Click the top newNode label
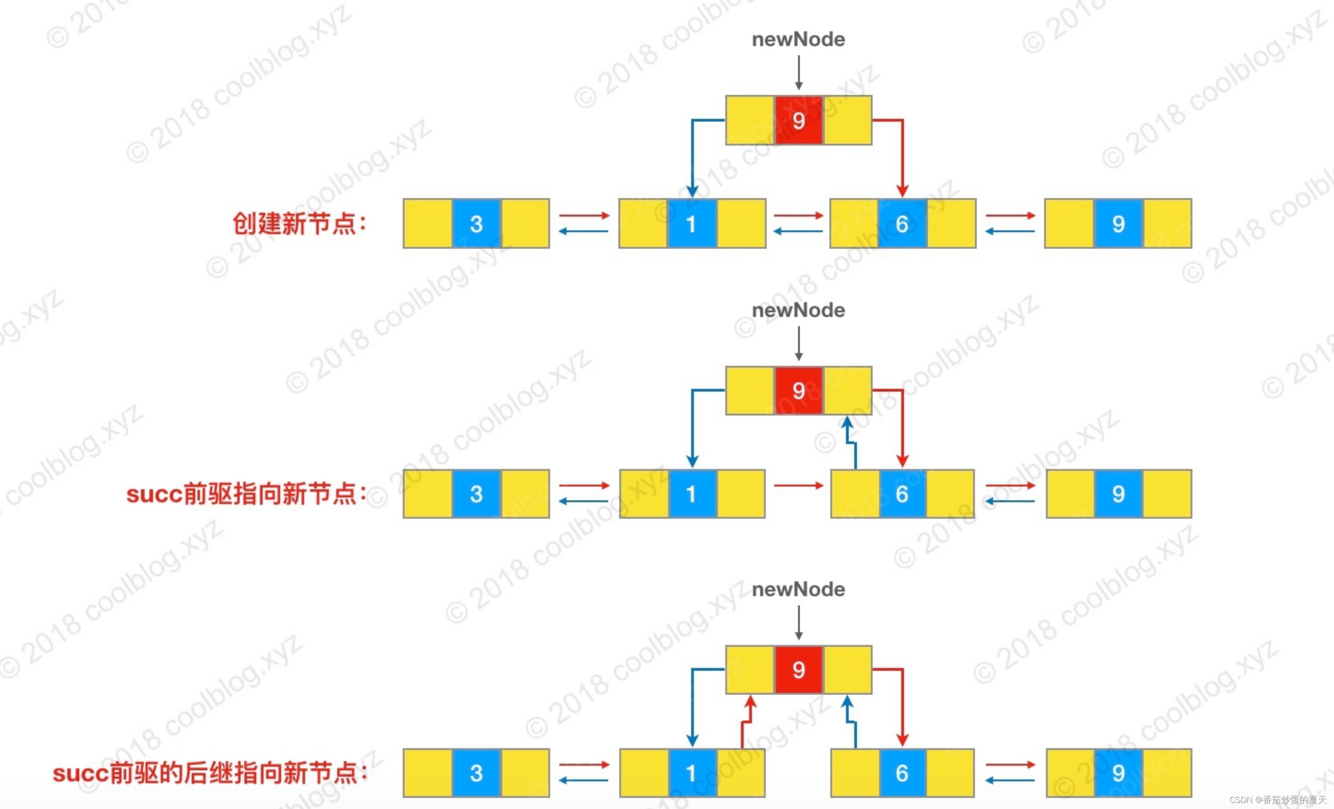click(x=798, y=40)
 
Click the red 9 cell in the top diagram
click(x=798, y=120)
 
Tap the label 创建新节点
click(x=300, y=224)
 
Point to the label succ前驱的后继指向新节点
click(x=209, y=773)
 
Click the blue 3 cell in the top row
click(x=476, y=224)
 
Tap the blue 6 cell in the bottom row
click(x=902, y=773)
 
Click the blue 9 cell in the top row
click(x=1119, y=224)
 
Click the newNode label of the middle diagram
click(x=798, y=310)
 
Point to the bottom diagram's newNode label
click(x=798, y=589)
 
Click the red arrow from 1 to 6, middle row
click(x=798, y=485)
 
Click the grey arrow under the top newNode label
click(x=798, y=73)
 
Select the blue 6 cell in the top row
click(x=902, y=224)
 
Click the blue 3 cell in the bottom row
click(x=476, y=773)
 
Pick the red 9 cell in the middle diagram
click(x=798, y=390)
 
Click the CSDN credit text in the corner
click(x=1278, y=800)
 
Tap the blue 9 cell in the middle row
click(x=1119, y=494)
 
